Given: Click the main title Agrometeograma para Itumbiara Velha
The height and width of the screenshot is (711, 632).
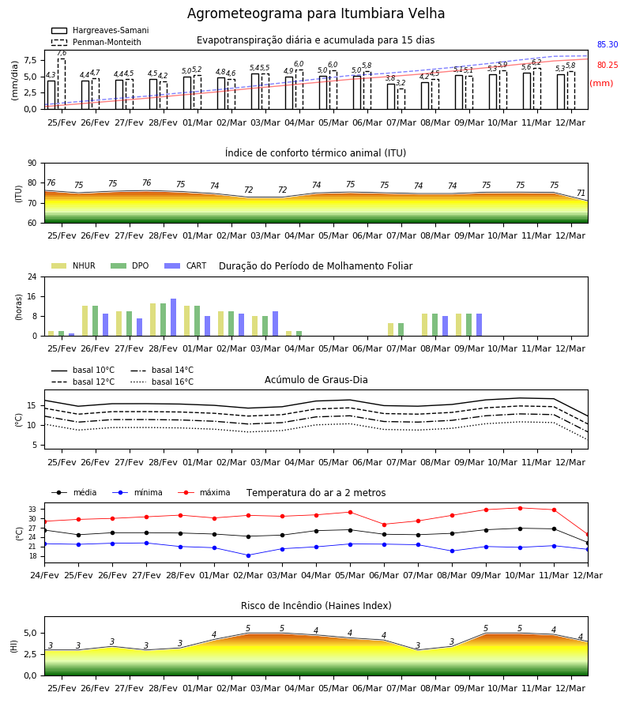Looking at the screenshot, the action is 315,13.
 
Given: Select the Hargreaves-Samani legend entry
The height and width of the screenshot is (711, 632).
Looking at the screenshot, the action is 100,30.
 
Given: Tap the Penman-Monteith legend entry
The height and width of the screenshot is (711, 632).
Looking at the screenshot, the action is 96,42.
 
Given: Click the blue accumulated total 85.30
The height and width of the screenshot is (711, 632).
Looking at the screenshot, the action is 608,44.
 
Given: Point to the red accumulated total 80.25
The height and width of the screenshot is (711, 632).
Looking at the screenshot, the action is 608,65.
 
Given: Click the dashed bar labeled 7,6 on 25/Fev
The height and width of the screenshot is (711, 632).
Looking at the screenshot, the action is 62,84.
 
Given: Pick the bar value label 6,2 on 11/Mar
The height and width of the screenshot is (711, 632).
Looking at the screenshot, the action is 536,62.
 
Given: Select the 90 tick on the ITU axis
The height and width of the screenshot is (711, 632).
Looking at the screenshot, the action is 32,164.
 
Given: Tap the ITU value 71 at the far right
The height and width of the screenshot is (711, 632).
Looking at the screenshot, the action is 581,193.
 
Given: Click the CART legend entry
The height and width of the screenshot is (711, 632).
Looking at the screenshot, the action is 186,265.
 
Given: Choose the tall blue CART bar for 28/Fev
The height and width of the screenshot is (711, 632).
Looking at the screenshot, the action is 173,318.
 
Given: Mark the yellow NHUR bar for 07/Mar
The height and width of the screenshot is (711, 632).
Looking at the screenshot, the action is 391,329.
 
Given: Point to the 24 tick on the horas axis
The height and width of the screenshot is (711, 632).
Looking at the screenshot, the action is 32,276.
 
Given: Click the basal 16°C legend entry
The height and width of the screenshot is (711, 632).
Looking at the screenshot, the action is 162,382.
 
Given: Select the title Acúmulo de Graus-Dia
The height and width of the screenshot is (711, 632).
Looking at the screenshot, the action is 316,380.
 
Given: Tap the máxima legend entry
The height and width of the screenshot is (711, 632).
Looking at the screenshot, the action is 204,492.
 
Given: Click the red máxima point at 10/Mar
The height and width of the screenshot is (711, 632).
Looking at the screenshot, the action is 520,508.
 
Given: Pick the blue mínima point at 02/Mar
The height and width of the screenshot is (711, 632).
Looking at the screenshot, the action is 248,555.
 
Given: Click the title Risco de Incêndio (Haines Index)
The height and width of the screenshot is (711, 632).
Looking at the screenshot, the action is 316,606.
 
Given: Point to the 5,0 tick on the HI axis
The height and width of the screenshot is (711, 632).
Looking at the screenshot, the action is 31,634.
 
